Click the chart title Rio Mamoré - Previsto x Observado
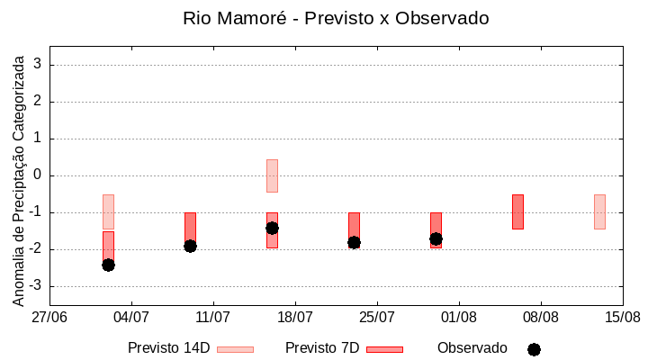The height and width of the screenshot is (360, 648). [x=336, y=19]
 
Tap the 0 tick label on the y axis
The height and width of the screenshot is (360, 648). [x=38, y=175]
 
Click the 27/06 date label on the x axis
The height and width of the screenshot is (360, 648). [x=49, y=317]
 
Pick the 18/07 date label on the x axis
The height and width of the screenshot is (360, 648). [x=295, y=317]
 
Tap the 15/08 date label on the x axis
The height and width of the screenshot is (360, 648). [x=623, y=317]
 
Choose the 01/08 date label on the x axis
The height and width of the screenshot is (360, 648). [x=459, y=317]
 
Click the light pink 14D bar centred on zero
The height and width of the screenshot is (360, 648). [x=272, y=175]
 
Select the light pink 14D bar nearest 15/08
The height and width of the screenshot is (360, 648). [x=599, y=211]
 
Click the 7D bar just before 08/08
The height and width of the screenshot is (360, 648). [x=517, y=211]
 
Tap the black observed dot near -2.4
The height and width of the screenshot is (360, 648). [x=108, y=265]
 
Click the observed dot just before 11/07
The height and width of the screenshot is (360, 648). [x=190, y=246]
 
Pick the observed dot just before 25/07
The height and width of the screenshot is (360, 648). [x=354, y=242]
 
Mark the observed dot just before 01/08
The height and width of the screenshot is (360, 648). [x=436, y=238]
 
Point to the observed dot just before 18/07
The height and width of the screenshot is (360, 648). [x=272, y=228]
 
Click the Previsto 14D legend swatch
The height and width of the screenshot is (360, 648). [x=235, y=349]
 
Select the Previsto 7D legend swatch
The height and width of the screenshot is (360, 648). [x=384, y=349]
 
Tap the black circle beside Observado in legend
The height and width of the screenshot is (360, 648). [x=534, y=349]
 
